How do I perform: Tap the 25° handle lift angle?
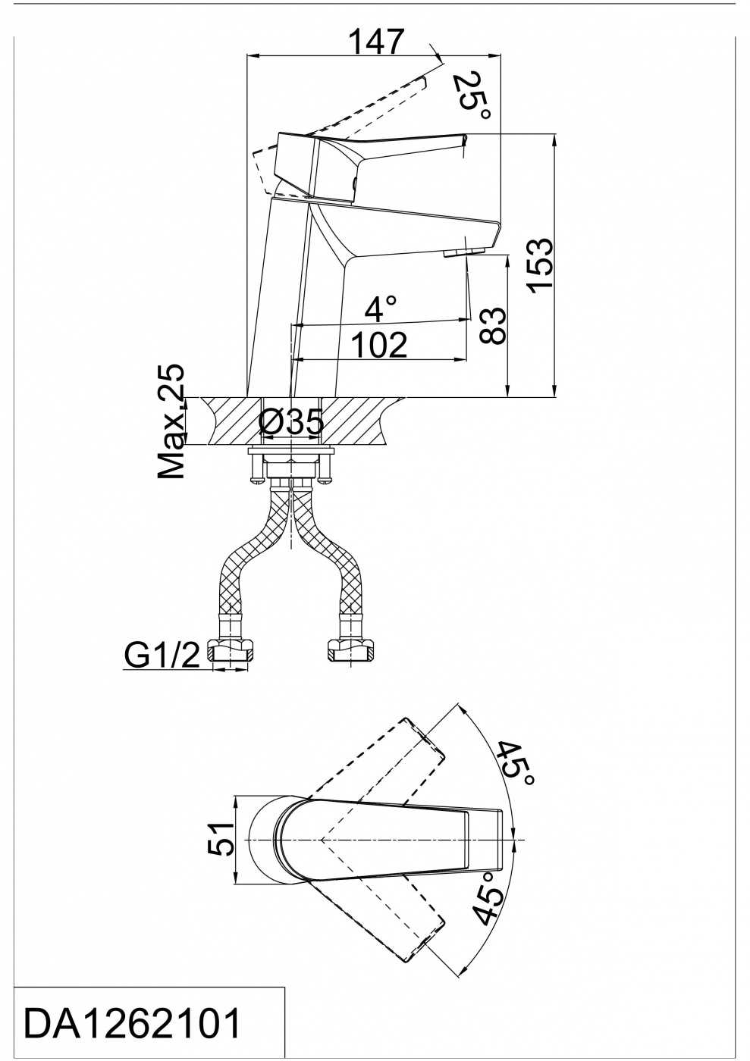tap(472, 97)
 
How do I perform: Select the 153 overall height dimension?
tap(541, 266)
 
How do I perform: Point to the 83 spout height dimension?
tap(491, 325)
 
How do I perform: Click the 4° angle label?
tap(380, 308)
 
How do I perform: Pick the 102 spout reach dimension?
tap(380, 345)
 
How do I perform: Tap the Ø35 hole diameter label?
tap(291, 422)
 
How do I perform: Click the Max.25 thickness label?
tap(171, 421)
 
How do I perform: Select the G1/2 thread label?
tap(162, 655)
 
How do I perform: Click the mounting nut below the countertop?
tap(291, 469)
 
